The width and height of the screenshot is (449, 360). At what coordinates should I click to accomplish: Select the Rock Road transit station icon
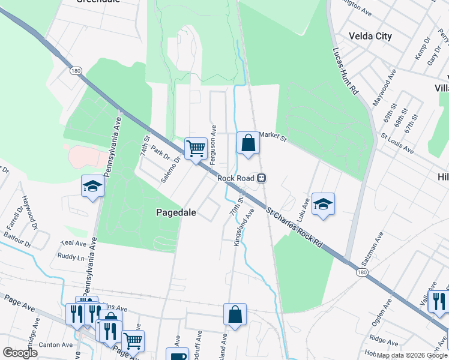262,178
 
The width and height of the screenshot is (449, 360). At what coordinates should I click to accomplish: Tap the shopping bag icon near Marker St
248,143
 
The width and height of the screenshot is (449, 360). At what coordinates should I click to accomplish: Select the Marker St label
274,138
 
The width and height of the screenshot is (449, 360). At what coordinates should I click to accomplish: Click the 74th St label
145,146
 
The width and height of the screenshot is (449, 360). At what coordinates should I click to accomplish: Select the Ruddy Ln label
71,257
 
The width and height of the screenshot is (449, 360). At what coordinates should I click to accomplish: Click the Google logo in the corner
20,353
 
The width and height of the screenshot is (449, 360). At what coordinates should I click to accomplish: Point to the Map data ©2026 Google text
412,355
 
